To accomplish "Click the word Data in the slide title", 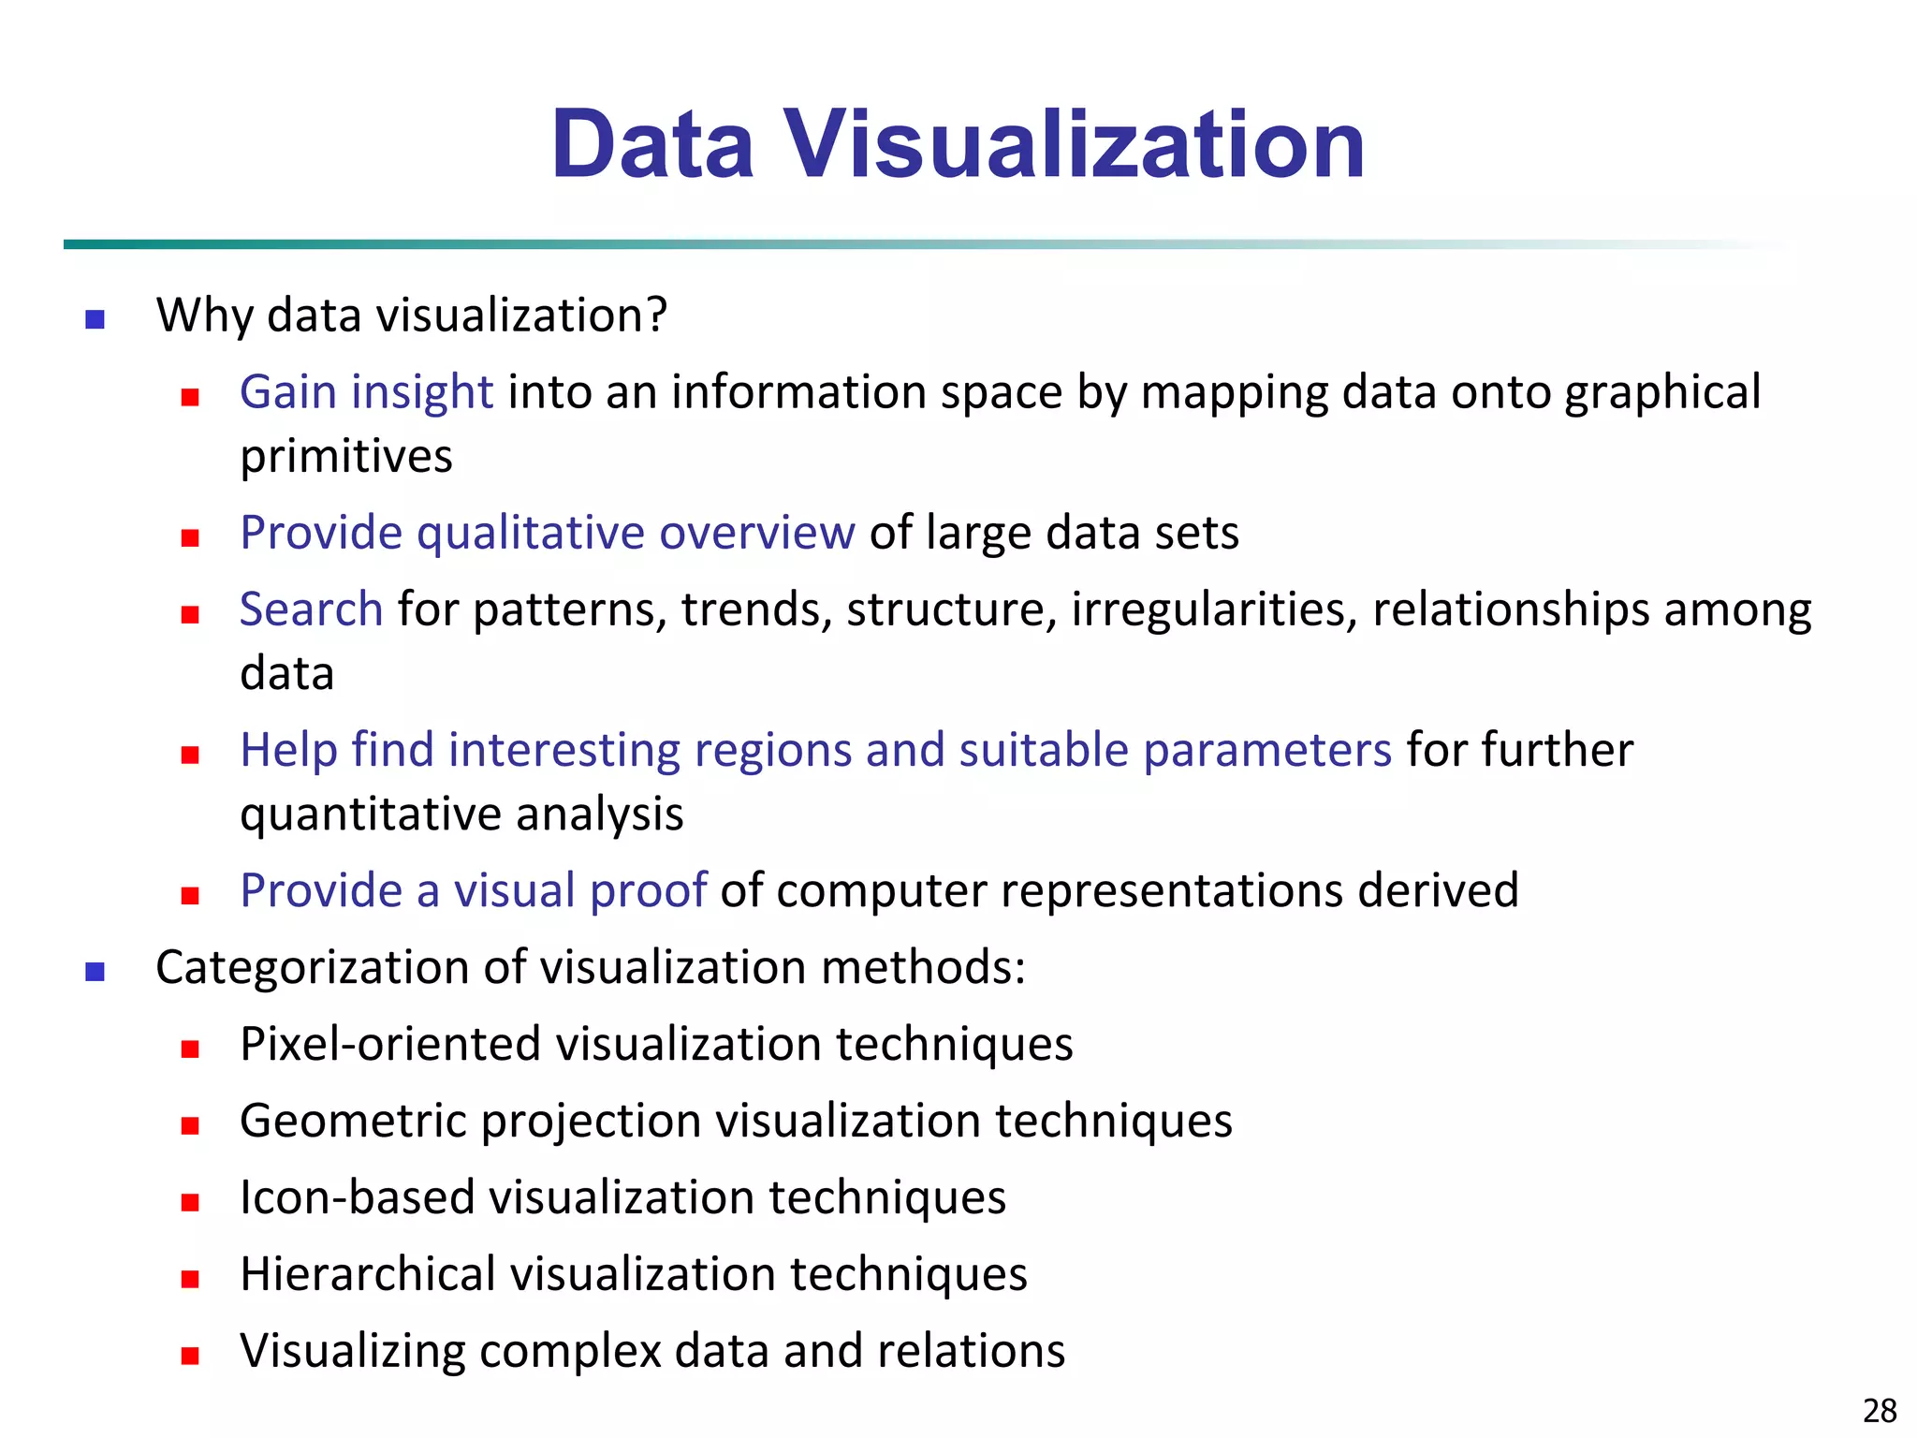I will click(x=652, y=145).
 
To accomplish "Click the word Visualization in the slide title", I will click(x=1074, y=145).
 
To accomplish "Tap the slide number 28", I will click(x=1880, y=1410).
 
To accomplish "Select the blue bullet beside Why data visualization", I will click(x=95, y=320).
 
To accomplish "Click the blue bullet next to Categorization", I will click(x=95, y=972).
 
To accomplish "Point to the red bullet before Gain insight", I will click(x=190, y=397).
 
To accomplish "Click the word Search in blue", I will click(x=311, y=609).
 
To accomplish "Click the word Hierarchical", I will click(x=367, y=1274).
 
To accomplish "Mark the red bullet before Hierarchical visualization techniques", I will click(x=190, y=1279).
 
